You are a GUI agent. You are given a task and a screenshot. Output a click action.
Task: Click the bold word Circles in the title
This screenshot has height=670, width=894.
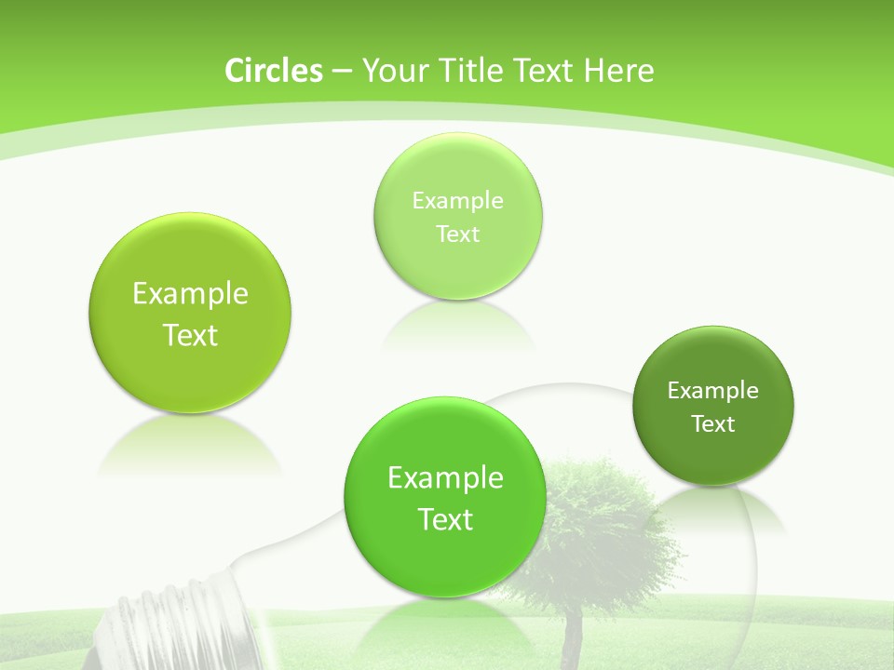click(x=273, y=71)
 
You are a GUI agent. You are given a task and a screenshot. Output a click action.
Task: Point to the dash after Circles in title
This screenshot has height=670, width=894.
click(x=341, y=72)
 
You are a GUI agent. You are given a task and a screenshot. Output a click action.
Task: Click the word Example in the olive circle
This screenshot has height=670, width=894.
click(x=190, y=294)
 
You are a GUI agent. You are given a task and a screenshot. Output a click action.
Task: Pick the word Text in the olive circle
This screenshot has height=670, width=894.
click(x=190, y=335)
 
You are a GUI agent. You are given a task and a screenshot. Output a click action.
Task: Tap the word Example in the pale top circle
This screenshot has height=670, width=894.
click(x=458, y=201)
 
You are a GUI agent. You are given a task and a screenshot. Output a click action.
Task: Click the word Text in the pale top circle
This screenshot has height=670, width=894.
click(x=458, y=234)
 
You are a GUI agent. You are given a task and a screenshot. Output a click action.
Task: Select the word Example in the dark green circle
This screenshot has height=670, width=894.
click(x=713, y=391)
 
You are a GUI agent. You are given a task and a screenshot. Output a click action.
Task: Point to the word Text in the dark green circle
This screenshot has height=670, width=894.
click(x=713, y=424)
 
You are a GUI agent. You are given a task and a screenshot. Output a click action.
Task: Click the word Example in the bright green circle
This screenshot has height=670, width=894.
click(x=445, y=478)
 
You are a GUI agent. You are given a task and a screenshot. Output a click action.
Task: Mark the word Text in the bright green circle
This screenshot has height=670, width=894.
click(x=445, y=519)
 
